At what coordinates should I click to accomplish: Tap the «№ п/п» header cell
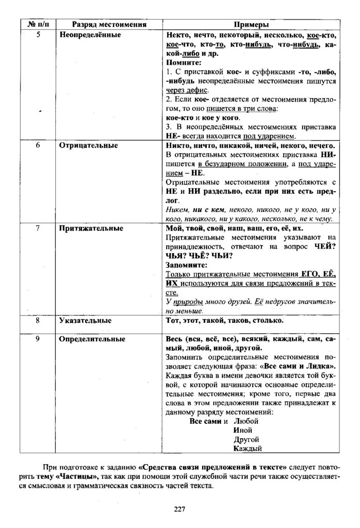(x=36, y=24)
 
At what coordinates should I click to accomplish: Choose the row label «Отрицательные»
(x=88, y=145)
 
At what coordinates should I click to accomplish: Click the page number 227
(x=179, y=508)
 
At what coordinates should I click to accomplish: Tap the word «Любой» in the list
(x=245, y=421)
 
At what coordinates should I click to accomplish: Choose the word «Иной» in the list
(x=242, y=430)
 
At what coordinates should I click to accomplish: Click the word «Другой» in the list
(x=246, y=439)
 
